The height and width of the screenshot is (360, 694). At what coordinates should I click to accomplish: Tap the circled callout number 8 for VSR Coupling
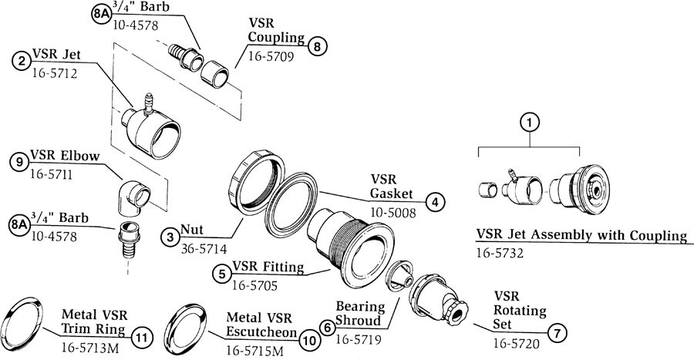[x=317, y=46]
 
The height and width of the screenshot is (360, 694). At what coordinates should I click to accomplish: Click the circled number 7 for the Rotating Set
[x=557, y=332]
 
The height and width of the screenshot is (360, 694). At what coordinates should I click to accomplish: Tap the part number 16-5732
[x=500, y=251]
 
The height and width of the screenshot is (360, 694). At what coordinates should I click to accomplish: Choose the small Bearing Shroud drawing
[x=397, y=276]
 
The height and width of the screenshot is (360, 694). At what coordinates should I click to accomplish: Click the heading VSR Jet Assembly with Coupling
[x=581, y=235]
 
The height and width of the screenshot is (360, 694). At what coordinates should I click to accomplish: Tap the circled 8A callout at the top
[x=101, y=15]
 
